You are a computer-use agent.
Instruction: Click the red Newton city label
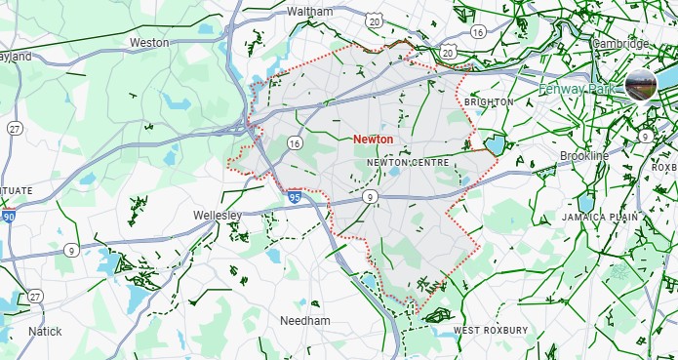pyautogui.click(x=374, y=140)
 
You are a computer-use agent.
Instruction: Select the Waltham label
pyautogui.click(x=310, y=12)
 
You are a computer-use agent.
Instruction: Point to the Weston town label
pyautogui.click(x=149, y=43)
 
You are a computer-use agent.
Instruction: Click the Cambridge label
pyautogui.click(x=620, y=44)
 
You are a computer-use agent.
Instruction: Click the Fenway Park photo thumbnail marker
pyautogui.click(x=642, y=86)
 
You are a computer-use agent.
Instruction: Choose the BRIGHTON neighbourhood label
pyautogui.click(x=488, y=102)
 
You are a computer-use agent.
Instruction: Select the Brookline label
pyautogui.click(x=584, y=156)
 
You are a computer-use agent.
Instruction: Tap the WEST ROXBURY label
pyautogui.click(x=491, y=331)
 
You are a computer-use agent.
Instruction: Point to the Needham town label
pyautogui.click(x=305, y=321)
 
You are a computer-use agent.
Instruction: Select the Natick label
pyautogui.click(x=45, y=332)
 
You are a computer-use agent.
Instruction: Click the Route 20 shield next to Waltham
pyautogui.click(x=375, y=20)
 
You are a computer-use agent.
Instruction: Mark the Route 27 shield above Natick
pyautogui.click(x=36, y=296)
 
